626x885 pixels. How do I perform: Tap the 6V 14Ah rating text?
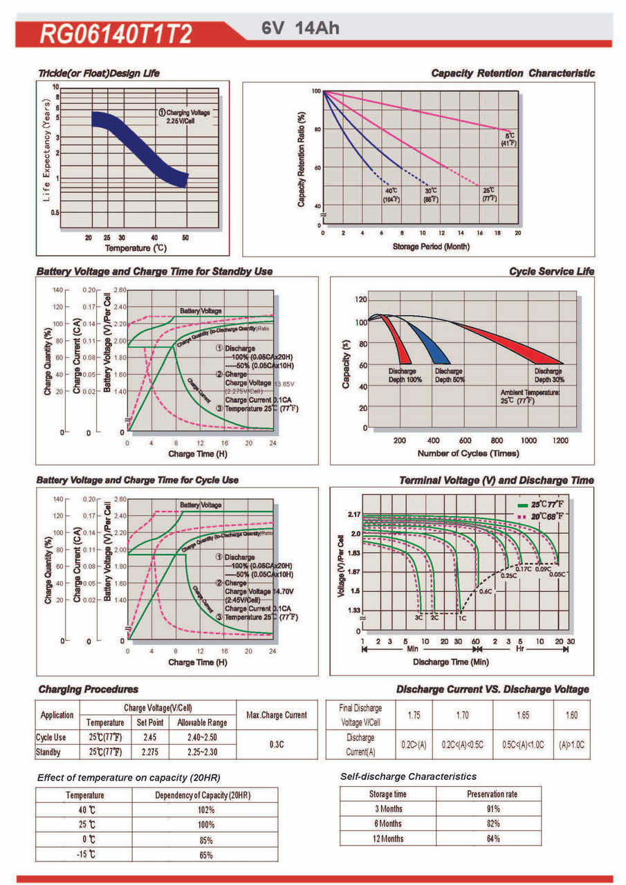(300, 29)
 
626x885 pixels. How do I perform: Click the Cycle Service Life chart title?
(551, 272)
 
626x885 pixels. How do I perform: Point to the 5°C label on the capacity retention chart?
(510, 136)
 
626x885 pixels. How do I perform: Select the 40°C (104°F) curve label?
(392, 194)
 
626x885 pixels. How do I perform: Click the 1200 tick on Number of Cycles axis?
(561, 440)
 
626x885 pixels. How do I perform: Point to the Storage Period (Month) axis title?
(421, 246)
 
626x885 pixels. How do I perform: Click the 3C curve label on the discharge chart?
(418, 616)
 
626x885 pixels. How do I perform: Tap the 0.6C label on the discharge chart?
(485, 592)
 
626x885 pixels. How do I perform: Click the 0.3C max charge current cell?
(277, 745)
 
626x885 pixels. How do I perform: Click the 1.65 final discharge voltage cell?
(523, 715)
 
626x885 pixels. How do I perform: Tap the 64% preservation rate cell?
(492, 839)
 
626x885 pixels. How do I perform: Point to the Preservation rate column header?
(492, 794)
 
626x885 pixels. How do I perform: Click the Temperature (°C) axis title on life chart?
(136, 247)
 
